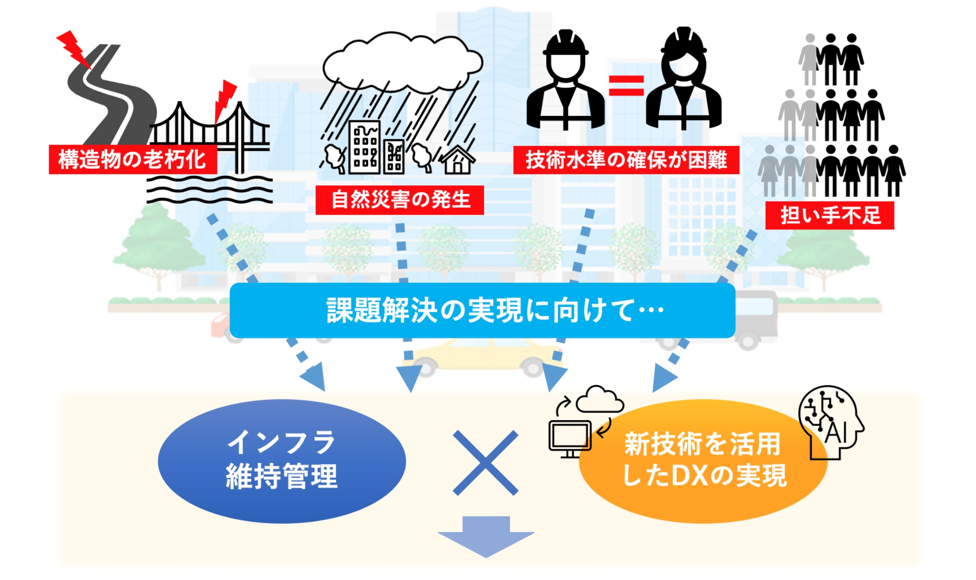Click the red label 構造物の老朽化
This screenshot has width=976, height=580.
(133, 159)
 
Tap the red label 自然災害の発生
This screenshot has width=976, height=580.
(399, 200)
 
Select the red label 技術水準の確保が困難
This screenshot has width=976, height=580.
(626, 160)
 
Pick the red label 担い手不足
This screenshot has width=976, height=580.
(830, 216)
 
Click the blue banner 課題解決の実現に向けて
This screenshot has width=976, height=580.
(482, 310)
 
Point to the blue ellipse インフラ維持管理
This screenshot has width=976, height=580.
(281, 461)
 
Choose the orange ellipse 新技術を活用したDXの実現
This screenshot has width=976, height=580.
(703, 461)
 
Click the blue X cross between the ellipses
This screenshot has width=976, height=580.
(486, 463)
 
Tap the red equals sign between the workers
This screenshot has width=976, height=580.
(626, 85)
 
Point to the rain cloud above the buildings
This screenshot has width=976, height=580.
(402, 62)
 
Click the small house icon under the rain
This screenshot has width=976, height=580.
(457, 160)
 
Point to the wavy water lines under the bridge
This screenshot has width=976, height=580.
(209, 190)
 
